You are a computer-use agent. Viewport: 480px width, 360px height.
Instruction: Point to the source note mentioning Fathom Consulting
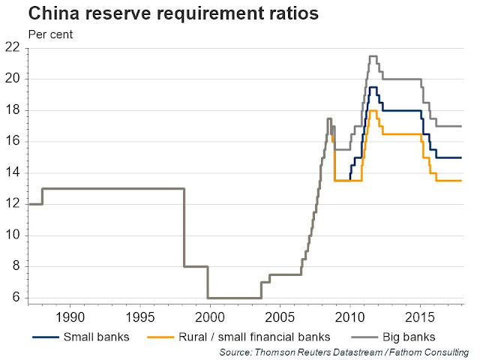[344, 352]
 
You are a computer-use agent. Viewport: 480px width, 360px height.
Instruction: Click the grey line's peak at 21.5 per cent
[372, 55]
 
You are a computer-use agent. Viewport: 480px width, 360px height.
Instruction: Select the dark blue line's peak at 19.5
[372, 87]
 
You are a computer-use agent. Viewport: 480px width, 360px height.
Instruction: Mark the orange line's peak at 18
[372, 111]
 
